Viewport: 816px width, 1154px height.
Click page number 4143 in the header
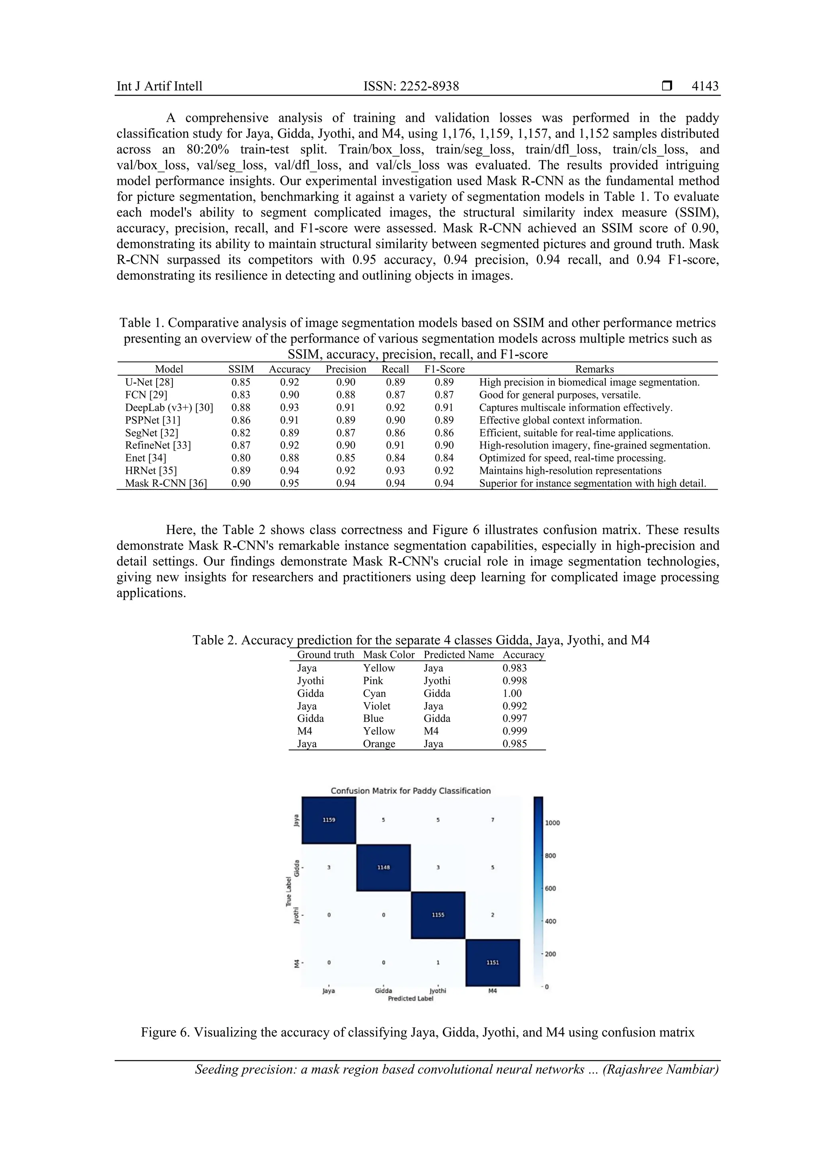coord(704,86)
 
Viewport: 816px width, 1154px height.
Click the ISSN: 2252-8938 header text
coord(411,86)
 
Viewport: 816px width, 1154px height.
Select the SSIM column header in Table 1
coord(241,369)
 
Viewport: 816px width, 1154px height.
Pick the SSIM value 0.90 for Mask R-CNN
coord(241,483)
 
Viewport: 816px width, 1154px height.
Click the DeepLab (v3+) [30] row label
coord(169,408)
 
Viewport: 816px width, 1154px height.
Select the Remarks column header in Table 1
coord(594,369)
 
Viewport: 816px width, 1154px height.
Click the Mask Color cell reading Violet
coord(377,706)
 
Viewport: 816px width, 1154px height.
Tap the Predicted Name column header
coord(458,654)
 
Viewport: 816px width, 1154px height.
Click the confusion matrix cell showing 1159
coord(329,820)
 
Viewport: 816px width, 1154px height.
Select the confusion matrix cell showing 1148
coord(383,867)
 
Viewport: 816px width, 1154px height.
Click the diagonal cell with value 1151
coord(492,962)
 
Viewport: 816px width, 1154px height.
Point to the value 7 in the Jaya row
coord(492,820)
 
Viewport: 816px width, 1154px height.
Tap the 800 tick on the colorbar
coord(551,856)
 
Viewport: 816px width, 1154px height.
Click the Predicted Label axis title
coord(410,999)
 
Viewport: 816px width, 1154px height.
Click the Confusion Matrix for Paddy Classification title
coord(410,791)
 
